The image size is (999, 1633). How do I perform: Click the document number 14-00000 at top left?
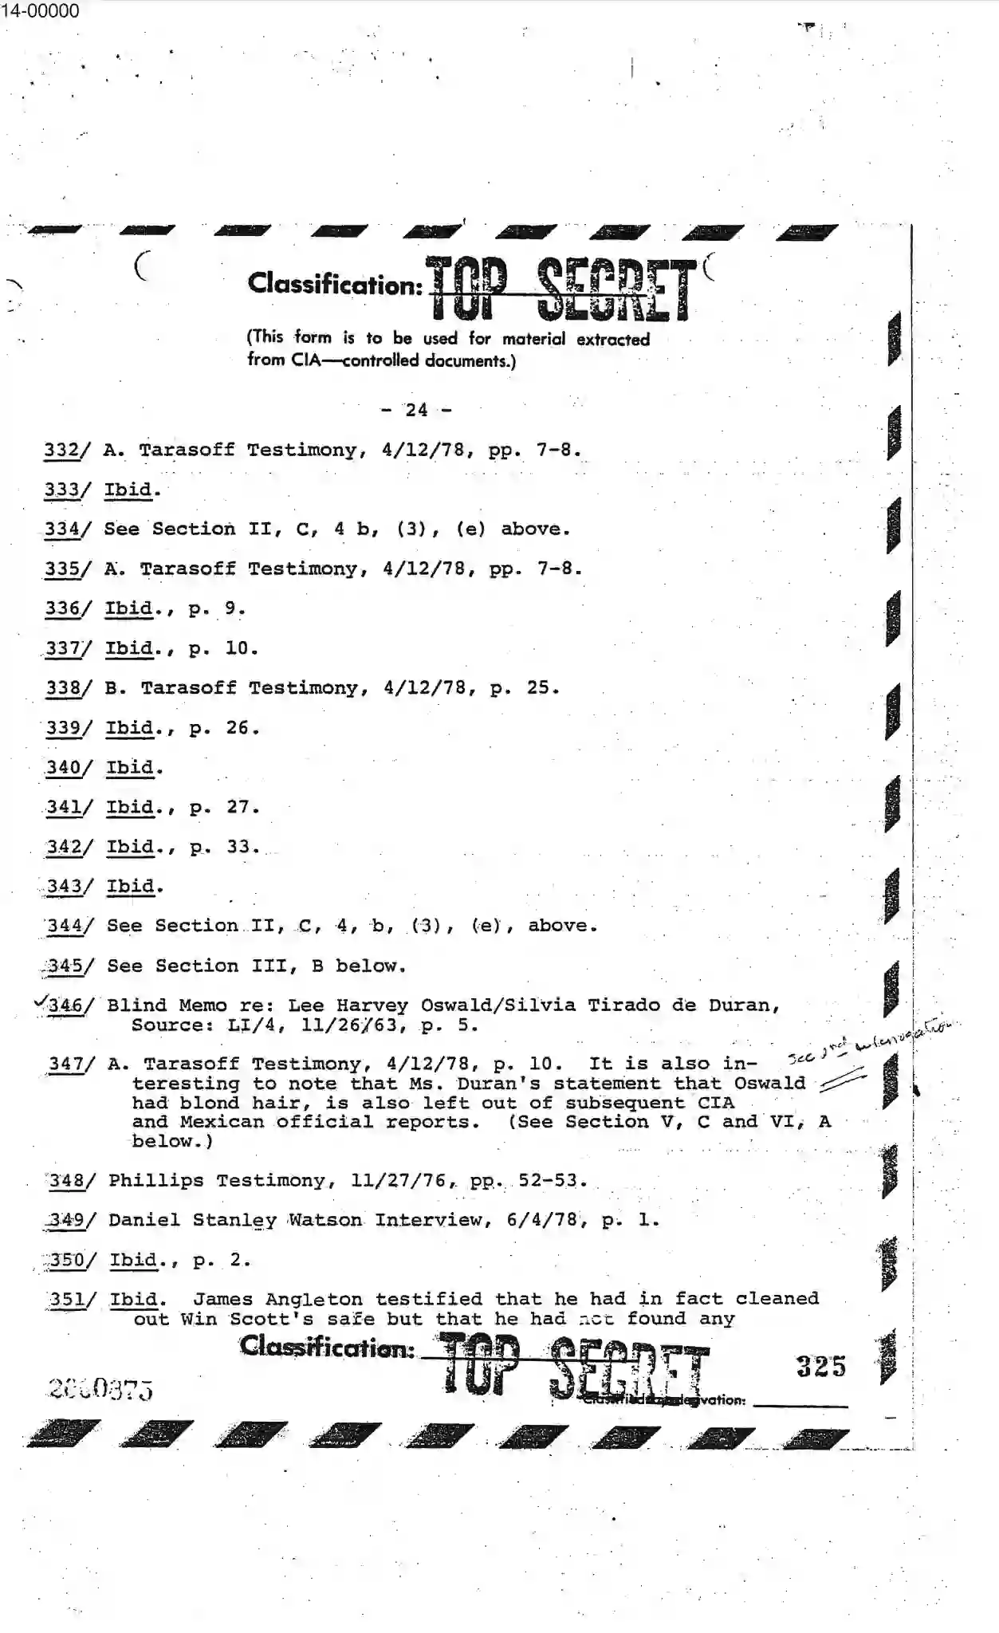[x=40, y=11]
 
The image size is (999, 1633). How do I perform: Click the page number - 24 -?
[x=416, y=410]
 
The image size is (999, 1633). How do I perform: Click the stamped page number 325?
[x=820, y=1367]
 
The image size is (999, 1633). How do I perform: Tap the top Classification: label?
[x=335, y=284]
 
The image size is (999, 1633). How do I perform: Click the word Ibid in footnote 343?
[x=130, y=886]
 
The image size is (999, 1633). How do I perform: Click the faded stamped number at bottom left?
[x=100, y=1389]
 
